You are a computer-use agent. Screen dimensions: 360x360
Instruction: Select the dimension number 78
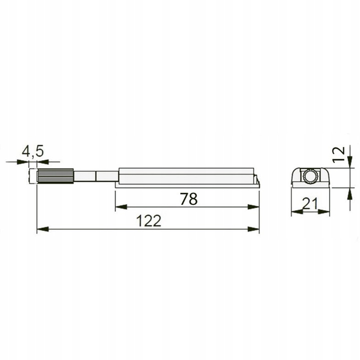(188, 198)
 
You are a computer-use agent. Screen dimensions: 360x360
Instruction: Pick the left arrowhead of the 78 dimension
(119, 207)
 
